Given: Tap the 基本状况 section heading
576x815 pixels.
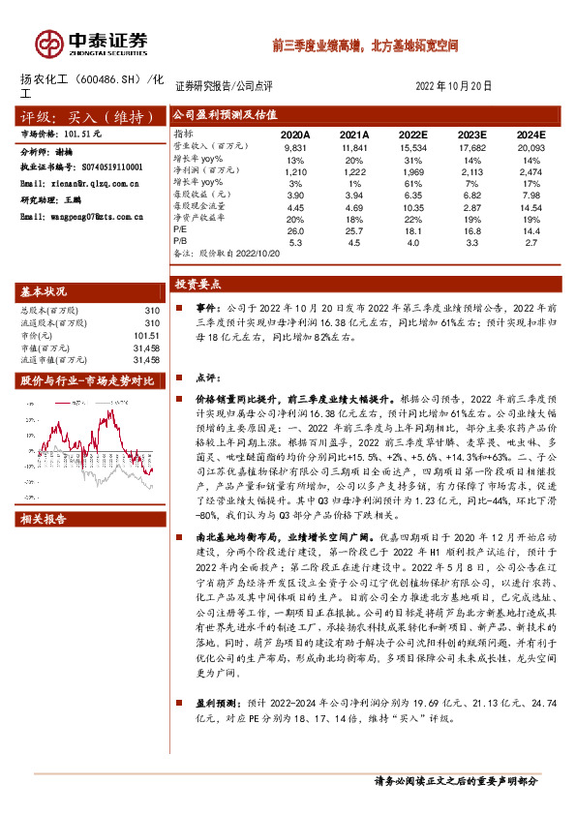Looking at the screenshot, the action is point(45,291).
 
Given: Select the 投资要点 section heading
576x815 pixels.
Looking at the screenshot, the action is point(198,285).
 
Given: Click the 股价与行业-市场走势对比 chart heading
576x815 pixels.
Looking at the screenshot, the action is point(88,379).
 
